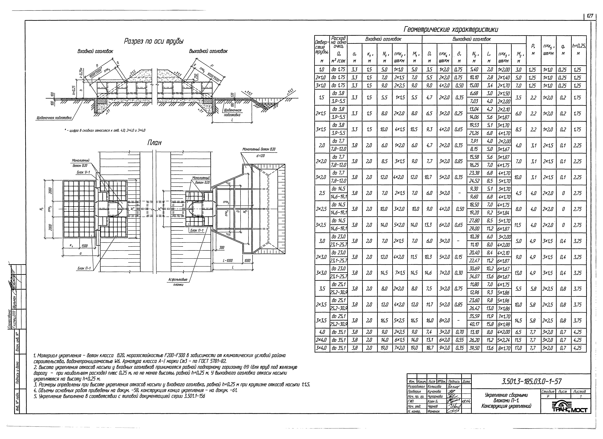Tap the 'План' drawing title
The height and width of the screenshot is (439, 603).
[154, 143]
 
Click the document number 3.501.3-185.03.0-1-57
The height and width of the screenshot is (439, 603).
[531, 382]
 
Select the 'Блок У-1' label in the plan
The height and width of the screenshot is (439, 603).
[83, 172]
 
